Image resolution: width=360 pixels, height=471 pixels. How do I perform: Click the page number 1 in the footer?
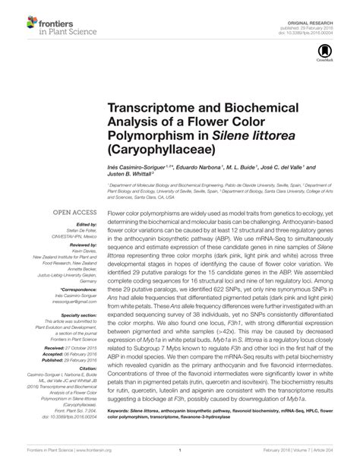[179, 450]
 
